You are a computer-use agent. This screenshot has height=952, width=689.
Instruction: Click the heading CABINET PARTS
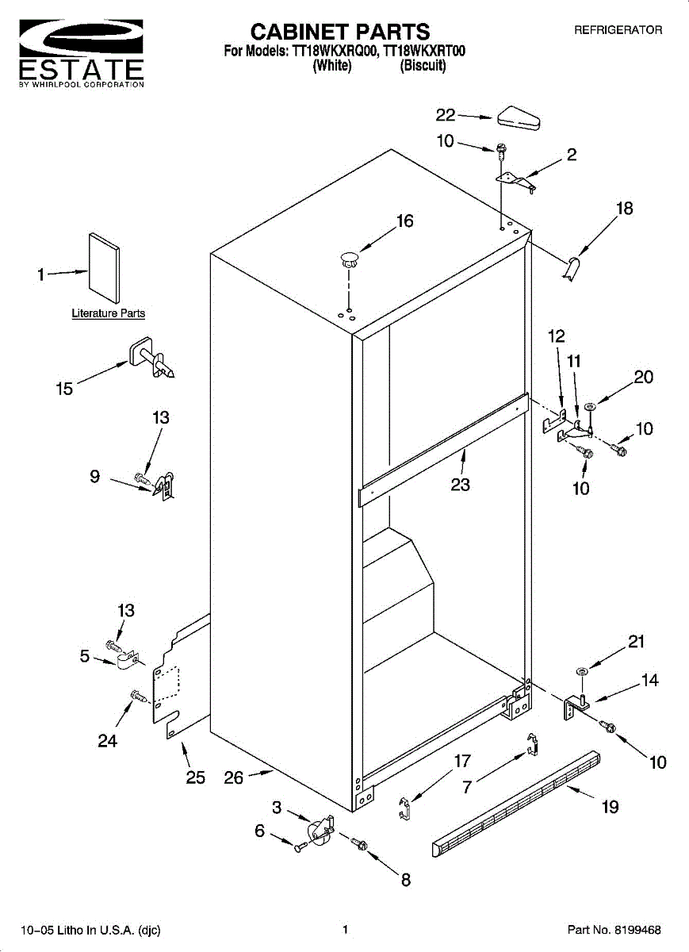[340, 32]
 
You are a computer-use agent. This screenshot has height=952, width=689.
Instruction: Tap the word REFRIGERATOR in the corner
[618, 30]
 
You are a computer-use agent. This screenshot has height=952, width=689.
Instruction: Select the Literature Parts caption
[109, 313]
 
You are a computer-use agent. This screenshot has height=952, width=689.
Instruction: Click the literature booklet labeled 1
[104, 269]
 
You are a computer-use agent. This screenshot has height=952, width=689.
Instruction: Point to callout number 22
[446, 115]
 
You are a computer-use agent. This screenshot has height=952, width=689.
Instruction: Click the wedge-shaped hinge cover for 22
[519, 120]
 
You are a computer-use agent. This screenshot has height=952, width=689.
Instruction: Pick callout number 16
[405, 221]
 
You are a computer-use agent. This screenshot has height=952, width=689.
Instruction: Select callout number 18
[625, 209]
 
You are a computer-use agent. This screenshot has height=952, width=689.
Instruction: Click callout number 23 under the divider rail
[461, 484]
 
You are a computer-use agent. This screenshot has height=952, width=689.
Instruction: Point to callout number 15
[64, 389]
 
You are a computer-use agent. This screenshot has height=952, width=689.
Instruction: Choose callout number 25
[196, 777]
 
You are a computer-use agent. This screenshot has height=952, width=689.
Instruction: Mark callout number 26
[234, 778]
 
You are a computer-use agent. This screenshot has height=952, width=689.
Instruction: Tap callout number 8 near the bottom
[406, 880]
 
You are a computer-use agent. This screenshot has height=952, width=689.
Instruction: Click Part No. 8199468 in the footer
[614, 930]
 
